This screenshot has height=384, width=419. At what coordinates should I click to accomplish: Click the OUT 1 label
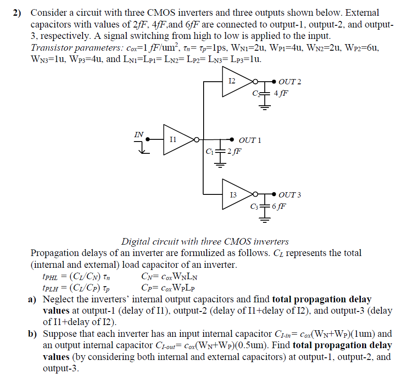click(x=250, y=140)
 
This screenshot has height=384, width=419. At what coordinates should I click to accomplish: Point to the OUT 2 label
click(x=290, y=82)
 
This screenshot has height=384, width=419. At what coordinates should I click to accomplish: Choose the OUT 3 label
click(x=290, y=195)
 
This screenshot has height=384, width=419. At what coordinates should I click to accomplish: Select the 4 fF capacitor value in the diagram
click(x=280, y=93)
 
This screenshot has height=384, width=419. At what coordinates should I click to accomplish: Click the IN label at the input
click(x=139, y=134)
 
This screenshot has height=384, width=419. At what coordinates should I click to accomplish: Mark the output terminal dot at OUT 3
click(x=274, y=194)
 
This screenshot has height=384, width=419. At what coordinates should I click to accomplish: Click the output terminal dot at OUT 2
click(x=274, y=81)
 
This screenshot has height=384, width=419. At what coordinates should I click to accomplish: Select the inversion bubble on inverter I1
click(x=197, y=140)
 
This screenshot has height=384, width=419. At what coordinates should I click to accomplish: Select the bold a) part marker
click(x=33, y=300)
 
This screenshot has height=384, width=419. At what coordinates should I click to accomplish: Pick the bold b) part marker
click(x=33, y=334)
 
